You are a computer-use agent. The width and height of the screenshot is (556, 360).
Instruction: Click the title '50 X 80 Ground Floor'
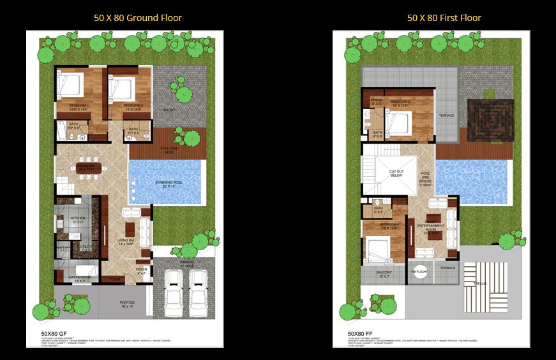point(137,17)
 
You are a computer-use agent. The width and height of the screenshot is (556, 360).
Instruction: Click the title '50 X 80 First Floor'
point(444,17)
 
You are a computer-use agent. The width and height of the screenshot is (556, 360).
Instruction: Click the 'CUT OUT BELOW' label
point(396,174)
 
